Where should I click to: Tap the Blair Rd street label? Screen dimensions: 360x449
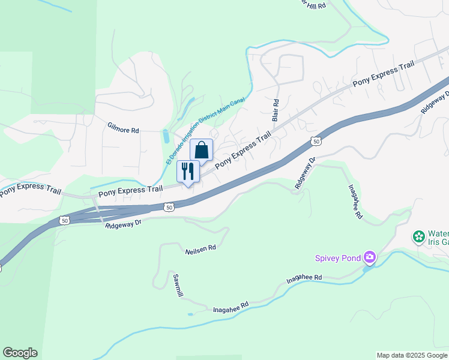276,111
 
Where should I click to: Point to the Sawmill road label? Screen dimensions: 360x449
177,286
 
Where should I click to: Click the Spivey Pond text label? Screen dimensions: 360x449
338,259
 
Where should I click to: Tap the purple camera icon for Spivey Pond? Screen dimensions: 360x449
370,258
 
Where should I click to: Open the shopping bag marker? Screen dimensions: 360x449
202,150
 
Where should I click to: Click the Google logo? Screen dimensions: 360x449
20,353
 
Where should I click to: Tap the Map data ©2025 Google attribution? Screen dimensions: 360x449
412,355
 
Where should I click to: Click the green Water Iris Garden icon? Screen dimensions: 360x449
418,237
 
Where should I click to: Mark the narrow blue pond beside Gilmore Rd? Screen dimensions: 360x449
165,136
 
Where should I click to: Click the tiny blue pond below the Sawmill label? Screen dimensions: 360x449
190,314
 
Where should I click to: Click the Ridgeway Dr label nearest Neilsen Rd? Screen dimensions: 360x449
122,224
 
